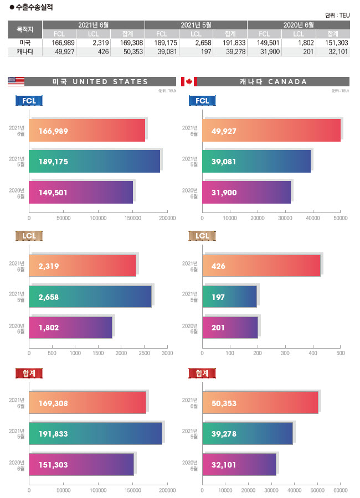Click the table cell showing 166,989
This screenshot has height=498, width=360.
click(x=59, y=42)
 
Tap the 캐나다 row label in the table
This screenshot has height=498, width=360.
click(x=24, y=51)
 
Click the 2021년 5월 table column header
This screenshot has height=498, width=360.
click(x=196, y=25)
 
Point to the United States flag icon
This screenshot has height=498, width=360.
click(x=16, y=82)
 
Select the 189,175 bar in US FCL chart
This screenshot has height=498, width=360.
click(x=95, y=161)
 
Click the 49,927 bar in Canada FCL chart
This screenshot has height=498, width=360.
click(x=271, y=130)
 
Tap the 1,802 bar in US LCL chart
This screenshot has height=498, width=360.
click(x=70, y=328)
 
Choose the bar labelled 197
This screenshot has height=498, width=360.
click(x=229, y=297)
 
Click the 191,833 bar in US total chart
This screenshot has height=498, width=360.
click(x=95, y=433)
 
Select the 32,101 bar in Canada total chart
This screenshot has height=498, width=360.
click(x=239, y=464)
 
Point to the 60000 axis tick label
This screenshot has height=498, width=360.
click(x=340, y=490)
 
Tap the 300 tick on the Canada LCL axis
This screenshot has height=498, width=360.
click(x=285, y=352)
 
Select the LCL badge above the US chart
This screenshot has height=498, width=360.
click(x=29, y=236)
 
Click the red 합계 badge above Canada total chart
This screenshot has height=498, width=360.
click(x=199, y=373)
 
